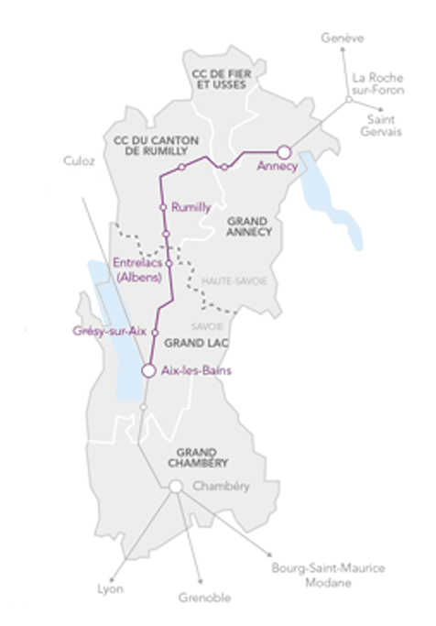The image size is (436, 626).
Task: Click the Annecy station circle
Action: click(284, 152)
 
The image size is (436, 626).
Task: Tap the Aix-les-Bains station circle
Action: click(148, 370)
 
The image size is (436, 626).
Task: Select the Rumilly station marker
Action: click(163, 208)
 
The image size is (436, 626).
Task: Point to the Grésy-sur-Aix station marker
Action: click(155, 332)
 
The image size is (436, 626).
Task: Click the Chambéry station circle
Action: click(175, 487)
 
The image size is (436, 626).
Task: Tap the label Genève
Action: click(343, 38)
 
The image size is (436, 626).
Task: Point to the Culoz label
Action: click(80, 160)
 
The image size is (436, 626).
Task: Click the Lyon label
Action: click(110, 588)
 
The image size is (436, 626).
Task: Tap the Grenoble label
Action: click(205, 598)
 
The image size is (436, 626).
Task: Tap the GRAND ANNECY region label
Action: click(248, 226)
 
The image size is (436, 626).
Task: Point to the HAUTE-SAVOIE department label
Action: click(234, 281)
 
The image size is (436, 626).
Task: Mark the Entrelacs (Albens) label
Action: click(137, 269)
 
